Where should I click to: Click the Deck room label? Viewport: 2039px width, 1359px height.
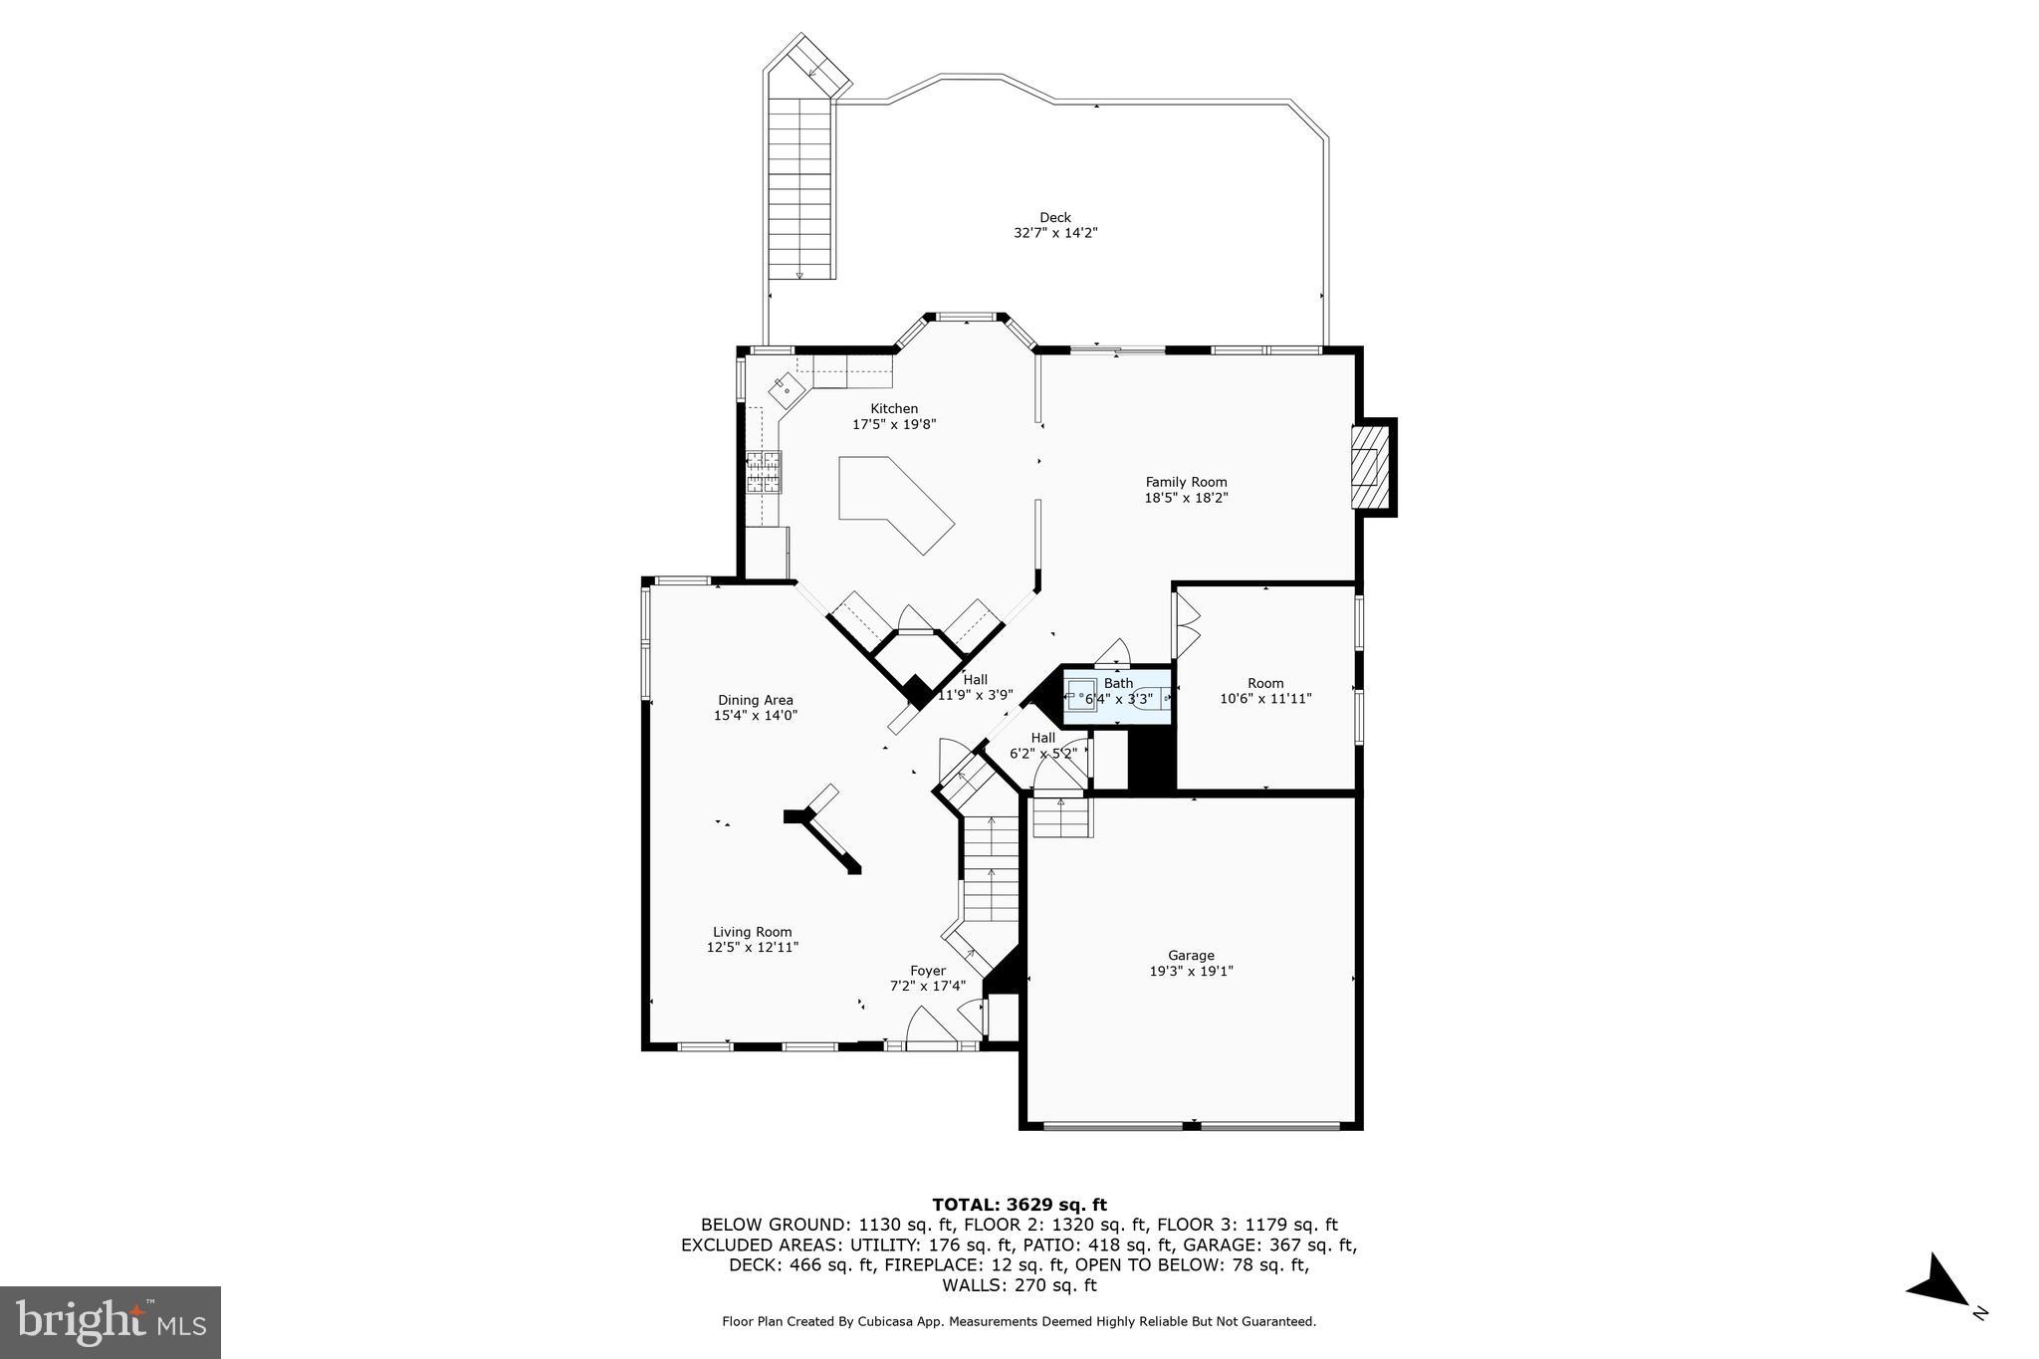point(1054,217)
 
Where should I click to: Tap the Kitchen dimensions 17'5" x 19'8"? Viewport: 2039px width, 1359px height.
point(894,424)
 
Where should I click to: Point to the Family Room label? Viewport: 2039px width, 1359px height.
point(1186,482)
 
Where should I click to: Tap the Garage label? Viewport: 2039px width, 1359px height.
point(1191,955)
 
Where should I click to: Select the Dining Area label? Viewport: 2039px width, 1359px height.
point(756,700)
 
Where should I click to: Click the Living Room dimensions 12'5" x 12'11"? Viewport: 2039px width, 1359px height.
point(753,948)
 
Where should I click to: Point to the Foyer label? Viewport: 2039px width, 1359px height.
point(928,971)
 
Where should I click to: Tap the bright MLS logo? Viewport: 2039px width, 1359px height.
point(110,1322)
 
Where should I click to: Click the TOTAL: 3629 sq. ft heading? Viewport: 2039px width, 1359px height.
point(1019,1205)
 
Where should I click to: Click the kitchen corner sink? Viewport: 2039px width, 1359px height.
point(786,389)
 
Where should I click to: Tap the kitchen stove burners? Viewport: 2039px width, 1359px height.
point(765,473)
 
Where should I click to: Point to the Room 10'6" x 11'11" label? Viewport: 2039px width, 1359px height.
point(1265,691)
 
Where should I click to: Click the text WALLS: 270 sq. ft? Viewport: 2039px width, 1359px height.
point(1019,1285)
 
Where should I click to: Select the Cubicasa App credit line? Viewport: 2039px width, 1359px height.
point(1019,1322)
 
